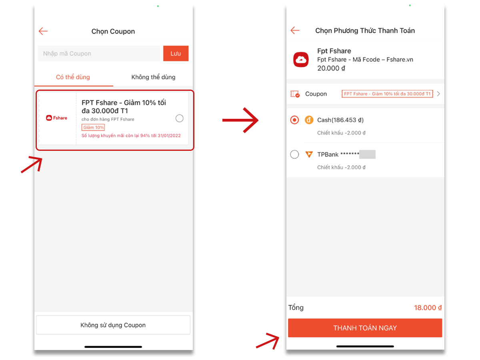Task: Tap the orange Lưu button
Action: (175, 53)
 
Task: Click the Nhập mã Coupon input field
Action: (99, 53)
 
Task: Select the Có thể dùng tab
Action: (73, 77)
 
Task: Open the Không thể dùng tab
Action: (153, 77)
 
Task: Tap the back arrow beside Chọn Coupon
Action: (43, 31)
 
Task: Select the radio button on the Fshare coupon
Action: (179, 118)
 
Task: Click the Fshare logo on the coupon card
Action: (57, 118)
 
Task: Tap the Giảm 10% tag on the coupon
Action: (93, 127)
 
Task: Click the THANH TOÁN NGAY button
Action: (365, 328)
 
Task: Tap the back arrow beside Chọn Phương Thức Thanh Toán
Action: (295, 30)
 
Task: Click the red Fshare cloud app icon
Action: (301, 60)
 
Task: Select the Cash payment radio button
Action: (294, 120)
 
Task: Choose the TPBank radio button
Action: (294, 154)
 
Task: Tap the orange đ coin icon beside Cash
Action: (309, 120)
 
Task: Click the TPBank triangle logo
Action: (309, 154)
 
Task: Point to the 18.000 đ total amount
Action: (428, 308)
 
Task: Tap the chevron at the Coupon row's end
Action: (438, 94)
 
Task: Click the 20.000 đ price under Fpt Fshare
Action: (331, 68)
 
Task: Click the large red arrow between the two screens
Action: (240, 120)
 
